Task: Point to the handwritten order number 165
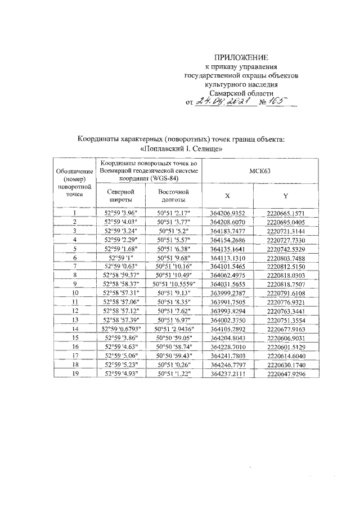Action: pos(276,101)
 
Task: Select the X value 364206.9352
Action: pos(227,213)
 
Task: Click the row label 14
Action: pos(75,328)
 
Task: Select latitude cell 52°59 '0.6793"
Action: pos(121,328)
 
